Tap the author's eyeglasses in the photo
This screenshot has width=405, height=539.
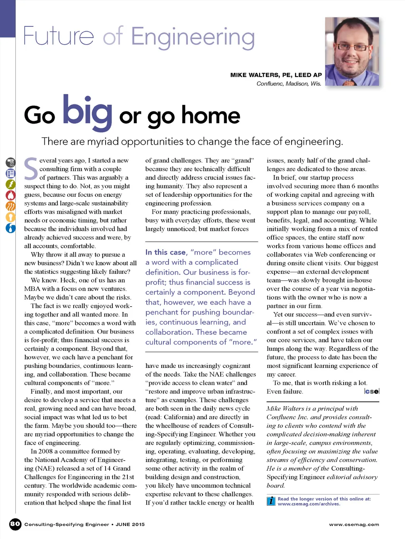(x=352, y=48)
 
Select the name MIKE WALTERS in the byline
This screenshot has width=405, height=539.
(x=254, y=75)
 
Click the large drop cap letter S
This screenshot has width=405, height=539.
(x=31, y=169)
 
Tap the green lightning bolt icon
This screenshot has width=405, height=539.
(x=11, y=184)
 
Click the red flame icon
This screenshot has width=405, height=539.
(x=11, y=195)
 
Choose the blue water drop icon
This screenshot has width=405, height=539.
(x=11, y=228)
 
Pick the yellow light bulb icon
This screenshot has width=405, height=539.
(x=11, y=217)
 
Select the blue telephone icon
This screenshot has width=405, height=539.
(x=11, y=173)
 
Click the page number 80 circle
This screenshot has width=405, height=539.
(x=15, y=524)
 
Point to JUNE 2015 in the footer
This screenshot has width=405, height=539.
(x=130, y=525)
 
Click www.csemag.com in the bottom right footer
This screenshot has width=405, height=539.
(x=354, y=525)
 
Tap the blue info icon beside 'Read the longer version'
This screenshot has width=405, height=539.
(x=271, y=501)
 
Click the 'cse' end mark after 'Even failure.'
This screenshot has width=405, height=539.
(x=372, y=391)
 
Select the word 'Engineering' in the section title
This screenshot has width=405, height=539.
(x=193, y=38)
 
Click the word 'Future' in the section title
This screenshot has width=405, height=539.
(x=59, y=36)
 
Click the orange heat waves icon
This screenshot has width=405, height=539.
(x=11, y=206)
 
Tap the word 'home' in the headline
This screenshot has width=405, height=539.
(x=211, y=115)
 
